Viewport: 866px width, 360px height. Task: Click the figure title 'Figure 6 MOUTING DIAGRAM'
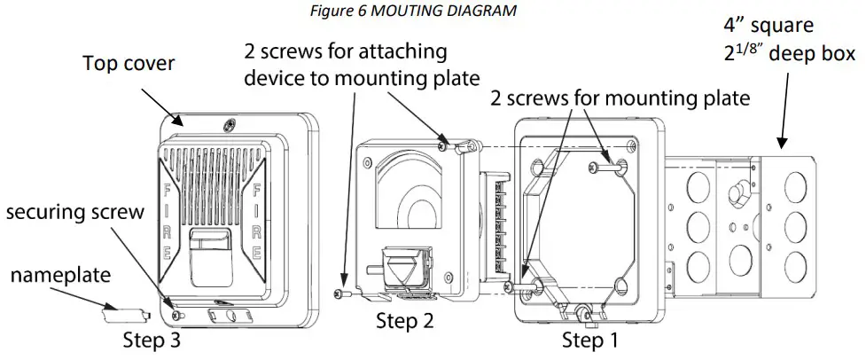(433, 10)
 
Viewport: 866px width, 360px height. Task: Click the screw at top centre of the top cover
(230, 124)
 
